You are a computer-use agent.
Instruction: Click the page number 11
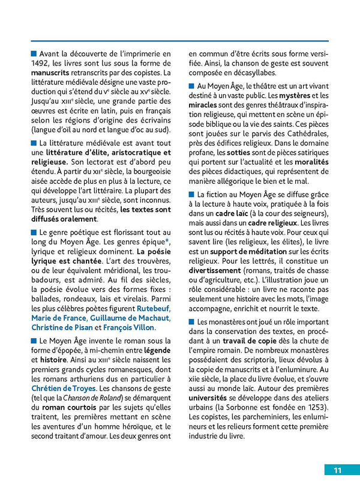pos(338,470)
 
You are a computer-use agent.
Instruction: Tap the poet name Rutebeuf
pos(152,307)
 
